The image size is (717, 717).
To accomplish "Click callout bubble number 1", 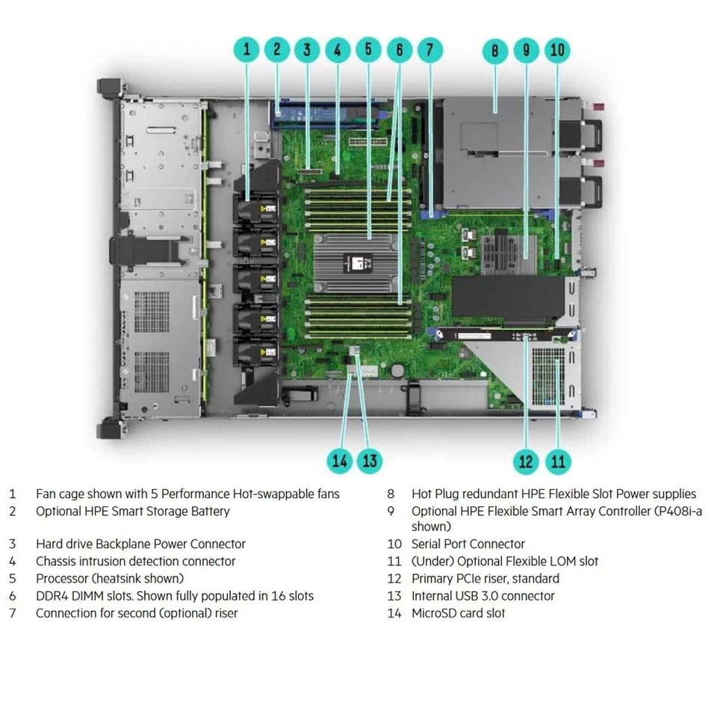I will [247, 51].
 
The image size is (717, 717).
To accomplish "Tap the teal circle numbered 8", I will [494, 51].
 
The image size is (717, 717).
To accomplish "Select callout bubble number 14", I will [340, 461].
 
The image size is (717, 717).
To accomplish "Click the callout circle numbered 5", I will [367, 51].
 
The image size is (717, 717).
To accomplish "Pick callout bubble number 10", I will [557, 51].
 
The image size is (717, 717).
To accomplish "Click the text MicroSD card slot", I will [458, 613].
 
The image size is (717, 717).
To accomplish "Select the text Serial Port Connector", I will [468, 544].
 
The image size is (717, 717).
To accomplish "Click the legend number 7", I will [12, 613].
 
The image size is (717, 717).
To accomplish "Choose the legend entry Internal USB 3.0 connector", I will [482, 596].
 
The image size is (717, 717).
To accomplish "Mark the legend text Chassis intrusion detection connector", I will [135, 562].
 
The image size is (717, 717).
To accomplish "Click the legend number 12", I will [394, 579].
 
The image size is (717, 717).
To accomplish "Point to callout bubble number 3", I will [306, 51].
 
